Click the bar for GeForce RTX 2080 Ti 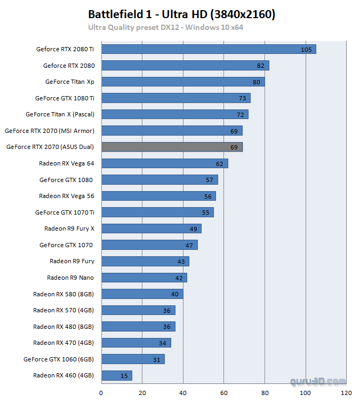(209, 49)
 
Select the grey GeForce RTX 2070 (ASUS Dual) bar (172, 147)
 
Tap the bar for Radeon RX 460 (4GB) (116, 375)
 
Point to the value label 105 (306, 50)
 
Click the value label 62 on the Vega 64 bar (220, 163)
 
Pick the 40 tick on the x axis (183, 393)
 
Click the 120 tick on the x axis (347, 393)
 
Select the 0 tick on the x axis (101, 393)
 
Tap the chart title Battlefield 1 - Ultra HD (181, 14)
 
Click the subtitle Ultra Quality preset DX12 (165, 27)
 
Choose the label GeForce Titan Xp (69, 82)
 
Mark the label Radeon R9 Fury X (69, 228)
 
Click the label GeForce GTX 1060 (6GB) (59, 359)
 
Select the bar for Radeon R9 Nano (144, 278)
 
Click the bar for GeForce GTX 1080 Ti (176, 98)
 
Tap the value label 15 (124, 376)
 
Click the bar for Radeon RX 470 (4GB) (136, 343)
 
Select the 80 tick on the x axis (265, 393)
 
